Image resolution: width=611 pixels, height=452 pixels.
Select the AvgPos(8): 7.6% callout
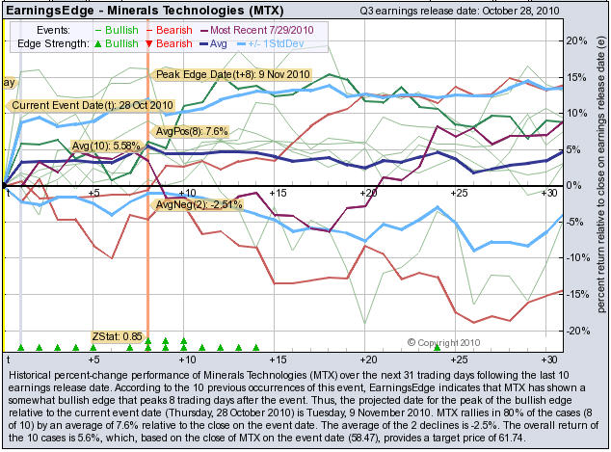[x=191, y=130]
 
